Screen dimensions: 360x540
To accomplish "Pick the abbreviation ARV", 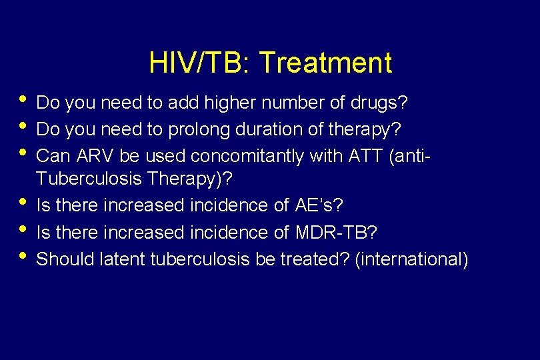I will point(97,156).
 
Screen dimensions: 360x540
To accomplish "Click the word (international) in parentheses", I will point(411,259).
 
